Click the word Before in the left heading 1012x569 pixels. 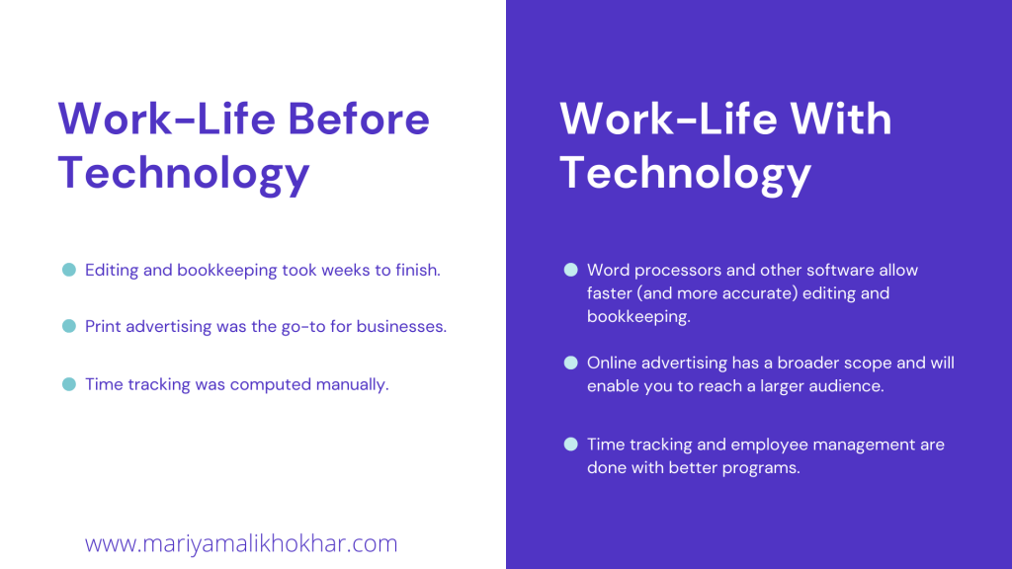coord(358,119)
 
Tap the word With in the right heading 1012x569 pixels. coord(841,119)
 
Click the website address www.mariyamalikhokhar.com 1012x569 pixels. coord(241,544)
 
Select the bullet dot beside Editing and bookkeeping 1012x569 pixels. coord(69,270)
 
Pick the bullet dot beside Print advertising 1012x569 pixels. coord(69,326)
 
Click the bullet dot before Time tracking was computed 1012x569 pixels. coord(69,384)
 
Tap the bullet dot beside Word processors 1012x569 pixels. coord(570,270)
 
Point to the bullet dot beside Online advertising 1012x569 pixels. coord(570,363)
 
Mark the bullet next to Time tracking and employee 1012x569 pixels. coord(570,444)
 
